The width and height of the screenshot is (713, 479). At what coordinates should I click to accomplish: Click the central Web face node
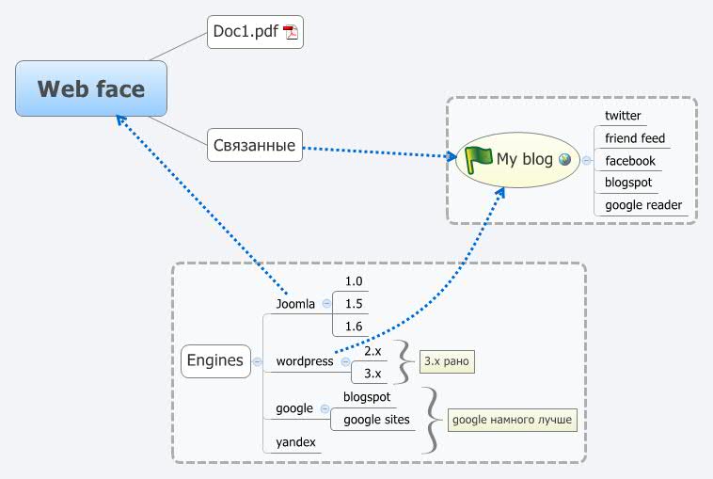tap(91, 89)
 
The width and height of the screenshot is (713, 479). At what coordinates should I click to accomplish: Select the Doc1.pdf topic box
tap(255, 32)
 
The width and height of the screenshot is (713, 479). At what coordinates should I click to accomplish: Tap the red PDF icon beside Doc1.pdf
tap(291, 33)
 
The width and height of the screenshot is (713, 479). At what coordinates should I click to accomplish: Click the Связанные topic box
tap(255, 146)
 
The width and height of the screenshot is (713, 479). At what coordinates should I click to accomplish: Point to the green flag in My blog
tap(479, 158)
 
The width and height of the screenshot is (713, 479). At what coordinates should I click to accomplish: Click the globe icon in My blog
tap(564, 159)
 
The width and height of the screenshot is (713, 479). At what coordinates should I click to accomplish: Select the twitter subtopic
tap(623, 116)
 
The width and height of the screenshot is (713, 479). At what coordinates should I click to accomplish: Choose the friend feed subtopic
tap(634, 138)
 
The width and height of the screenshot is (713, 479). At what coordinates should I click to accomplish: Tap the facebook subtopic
tap(629, 161)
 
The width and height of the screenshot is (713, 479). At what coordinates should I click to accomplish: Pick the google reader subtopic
tap(643, 205)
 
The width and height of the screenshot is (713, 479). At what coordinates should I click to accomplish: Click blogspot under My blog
tap(628, 183)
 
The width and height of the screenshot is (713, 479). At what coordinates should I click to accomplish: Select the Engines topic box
tap(215, 359)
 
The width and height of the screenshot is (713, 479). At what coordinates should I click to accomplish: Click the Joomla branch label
tap(295, 304)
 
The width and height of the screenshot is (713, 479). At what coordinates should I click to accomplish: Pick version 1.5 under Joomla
tap(354, 303)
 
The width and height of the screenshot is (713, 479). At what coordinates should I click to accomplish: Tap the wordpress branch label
tap(304, 361)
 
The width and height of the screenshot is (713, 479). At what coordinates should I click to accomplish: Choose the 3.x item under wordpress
tap(372, 374)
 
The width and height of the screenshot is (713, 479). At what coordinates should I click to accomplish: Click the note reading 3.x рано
tap(447, 361)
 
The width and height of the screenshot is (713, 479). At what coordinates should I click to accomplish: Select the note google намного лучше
tap(511, 420)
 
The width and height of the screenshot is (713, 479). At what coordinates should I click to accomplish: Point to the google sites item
tap(376, 420)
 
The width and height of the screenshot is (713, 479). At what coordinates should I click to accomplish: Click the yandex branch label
tap(295, 442)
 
